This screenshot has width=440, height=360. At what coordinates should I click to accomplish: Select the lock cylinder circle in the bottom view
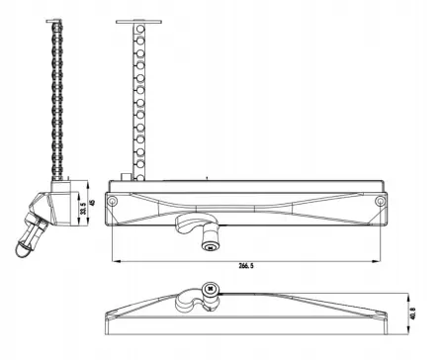[210, 291]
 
